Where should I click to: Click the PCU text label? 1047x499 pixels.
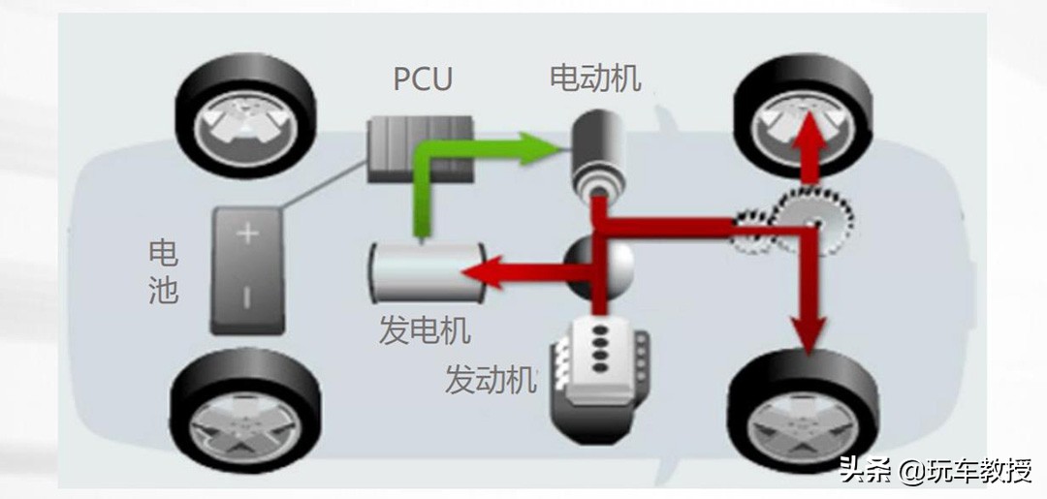click(x=423, y=78)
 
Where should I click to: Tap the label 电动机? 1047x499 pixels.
click(x=595, y=78)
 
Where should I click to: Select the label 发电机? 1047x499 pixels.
click(x=425, y=330)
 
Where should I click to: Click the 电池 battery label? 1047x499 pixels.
click(x=163, y=272)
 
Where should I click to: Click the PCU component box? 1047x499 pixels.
click(x=419, y=149)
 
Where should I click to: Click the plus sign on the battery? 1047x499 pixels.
click(x=246, y=234)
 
